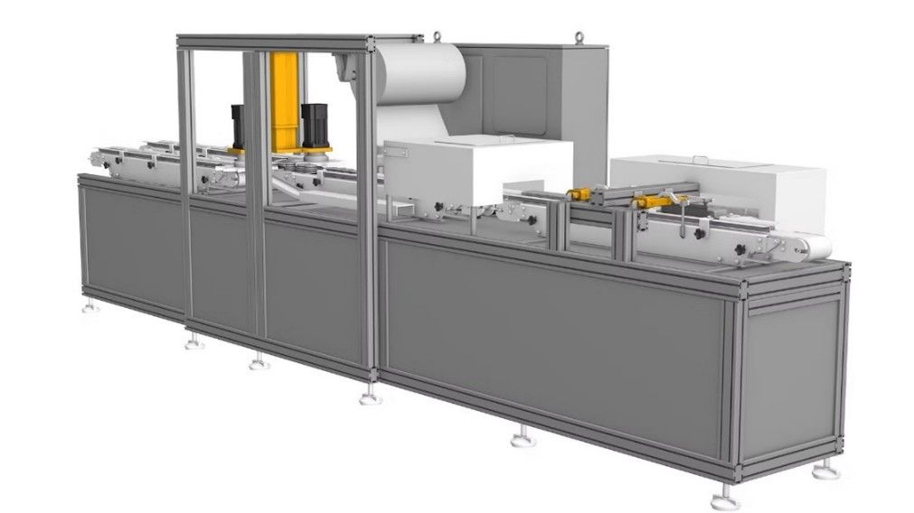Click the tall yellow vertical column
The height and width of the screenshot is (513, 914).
pos(283,99)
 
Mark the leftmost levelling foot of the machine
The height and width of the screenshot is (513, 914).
pos(90,308)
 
